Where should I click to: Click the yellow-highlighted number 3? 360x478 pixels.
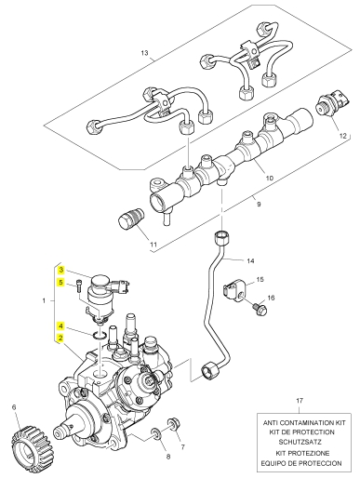61,270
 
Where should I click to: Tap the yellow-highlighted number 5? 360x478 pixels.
61,283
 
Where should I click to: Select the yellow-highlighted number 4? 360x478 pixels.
61,326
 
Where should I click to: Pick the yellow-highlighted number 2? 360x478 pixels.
61,338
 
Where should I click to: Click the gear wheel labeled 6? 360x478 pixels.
33,440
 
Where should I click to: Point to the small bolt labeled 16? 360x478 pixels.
260,310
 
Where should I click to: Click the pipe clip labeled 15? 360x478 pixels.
233,292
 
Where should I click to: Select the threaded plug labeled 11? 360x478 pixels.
131,219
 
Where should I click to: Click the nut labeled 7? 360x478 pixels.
174,424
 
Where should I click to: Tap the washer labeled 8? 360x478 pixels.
156,434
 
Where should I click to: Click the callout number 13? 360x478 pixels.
144,53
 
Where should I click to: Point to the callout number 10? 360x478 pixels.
270,178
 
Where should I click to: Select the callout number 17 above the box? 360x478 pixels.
300,401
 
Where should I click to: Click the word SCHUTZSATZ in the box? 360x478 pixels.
300,442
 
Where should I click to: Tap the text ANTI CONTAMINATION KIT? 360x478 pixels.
304,422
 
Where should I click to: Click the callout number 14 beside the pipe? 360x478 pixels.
250,260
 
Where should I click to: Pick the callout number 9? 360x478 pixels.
259,204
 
